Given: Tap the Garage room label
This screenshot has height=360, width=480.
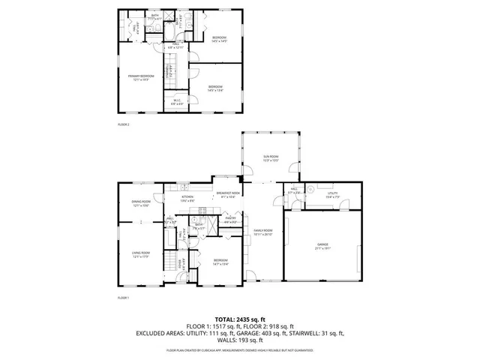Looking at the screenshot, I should tap(322, 244).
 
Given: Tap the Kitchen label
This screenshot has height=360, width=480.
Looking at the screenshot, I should tap(187, 198).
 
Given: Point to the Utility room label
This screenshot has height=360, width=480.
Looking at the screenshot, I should tap(332, 193).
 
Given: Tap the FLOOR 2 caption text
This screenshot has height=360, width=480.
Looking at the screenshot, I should tap(124, 124).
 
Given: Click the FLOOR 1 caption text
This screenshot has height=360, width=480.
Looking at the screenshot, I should tap(124, 298).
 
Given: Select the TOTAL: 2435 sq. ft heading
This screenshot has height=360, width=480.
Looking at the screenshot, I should tap(240, 319).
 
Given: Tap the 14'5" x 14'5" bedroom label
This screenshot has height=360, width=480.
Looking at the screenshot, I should tap(219, 39).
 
